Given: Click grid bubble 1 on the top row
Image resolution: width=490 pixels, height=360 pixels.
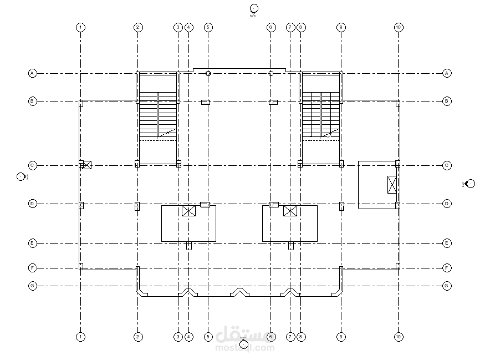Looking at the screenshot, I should coord(81,27).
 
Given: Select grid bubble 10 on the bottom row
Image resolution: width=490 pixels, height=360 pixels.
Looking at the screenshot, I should coord(398,337).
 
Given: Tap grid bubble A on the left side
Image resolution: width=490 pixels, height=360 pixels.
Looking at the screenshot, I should coord(33,73).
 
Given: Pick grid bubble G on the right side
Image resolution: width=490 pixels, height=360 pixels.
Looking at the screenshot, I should coord(447,286).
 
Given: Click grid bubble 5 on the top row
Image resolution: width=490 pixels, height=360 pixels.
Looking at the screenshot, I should coord(208,27).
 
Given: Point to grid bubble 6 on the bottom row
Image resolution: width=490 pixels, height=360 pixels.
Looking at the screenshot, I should coord(271,337).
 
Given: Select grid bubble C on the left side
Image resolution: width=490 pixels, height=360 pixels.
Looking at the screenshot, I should coord(33,165).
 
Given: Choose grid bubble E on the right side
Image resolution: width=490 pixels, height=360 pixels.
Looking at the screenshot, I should coord(447,243).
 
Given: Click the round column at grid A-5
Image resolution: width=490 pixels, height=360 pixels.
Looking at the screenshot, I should coord(208,73).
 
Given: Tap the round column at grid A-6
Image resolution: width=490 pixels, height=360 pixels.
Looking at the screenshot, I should coord(271,73).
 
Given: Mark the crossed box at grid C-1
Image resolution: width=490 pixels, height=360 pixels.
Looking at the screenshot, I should coord(86,165).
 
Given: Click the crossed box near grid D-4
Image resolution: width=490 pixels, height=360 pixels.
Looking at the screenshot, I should coord(189,211).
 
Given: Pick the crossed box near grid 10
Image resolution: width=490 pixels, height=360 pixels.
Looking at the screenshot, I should coord(392,184).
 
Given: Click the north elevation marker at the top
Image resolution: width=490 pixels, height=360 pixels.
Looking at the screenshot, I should coord(254,8).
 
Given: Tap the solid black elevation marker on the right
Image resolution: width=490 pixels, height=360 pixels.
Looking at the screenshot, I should coord(470,184).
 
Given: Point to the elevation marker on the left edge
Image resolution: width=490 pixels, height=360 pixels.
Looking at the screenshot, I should coord(21,177).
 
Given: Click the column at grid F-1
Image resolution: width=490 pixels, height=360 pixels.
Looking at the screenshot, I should coord(81,267).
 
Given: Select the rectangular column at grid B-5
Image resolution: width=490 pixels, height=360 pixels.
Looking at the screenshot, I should coord(205,102).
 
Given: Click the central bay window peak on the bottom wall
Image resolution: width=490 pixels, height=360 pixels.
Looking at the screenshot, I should coord(239,290).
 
